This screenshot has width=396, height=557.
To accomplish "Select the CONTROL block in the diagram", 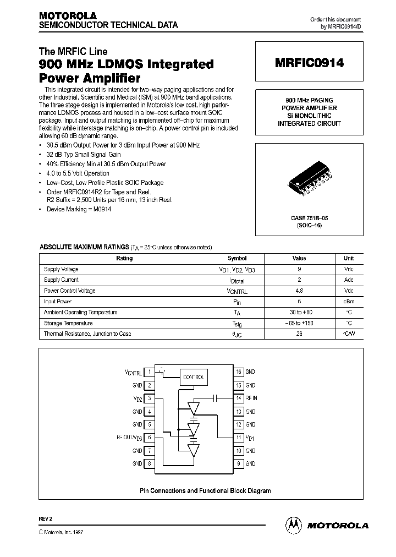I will pyautogui.click(x=193, y=377).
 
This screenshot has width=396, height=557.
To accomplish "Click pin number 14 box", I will pyautogui.click(x=239, y=398).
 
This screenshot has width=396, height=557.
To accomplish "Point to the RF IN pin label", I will pyautogui.click(x=251, y=398).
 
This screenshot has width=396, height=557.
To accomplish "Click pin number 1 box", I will pyautogui.click(x=150, y=373).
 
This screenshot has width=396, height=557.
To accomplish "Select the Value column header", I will pyautogui.click(x=299, y=258).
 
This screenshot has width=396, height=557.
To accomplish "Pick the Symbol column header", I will pyautogui.click(x=237, y=258).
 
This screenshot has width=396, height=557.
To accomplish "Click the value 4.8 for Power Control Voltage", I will pyautogui.click(x=299, y=291).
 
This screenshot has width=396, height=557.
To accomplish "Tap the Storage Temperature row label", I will pyautogui.click(x=68, y=323).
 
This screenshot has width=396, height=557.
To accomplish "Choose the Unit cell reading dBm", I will pyautogui.click(x=349, y=302).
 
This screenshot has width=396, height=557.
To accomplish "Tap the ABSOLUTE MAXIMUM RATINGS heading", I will pyautogui.click(x=84, y=247).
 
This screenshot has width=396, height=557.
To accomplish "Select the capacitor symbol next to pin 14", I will pyautogui.click(x=216, y=397).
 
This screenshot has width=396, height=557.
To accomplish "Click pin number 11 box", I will pyautogui.click(x=239, y=438).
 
